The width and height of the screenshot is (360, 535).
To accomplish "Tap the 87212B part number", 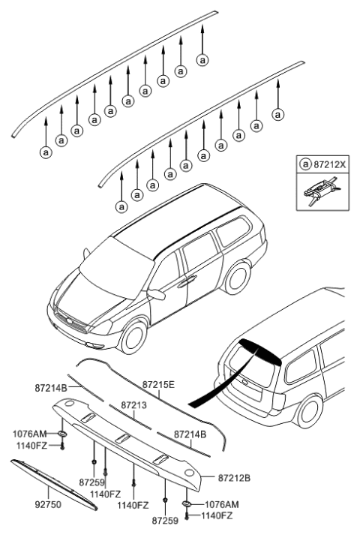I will pyautogui.click(x=235, y=478).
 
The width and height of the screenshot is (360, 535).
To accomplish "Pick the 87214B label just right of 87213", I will pyautogui.click(x=190, y=434).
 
